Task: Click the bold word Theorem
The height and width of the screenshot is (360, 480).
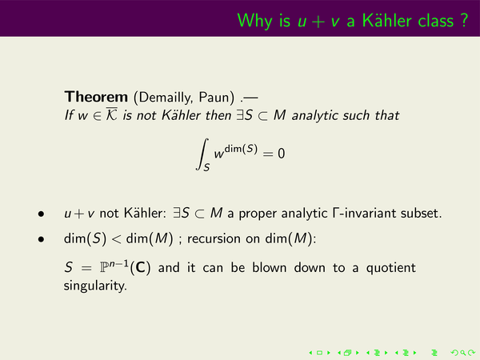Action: pos(96,97)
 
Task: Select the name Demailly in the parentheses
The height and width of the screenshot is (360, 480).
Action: pos(166,98)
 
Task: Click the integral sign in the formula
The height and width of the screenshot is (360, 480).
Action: pos(202,154)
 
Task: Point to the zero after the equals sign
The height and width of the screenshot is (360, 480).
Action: pos(282,153)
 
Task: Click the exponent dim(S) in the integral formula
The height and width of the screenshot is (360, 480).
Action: pos(241,149)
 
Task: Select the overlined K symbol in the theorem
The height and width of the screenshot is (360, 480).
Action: pos(111,114)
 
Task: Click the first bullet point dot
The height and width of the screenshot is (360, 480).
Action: pos(41,214)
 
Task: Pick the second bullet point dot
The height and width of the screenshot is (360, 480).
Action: pos(41,239)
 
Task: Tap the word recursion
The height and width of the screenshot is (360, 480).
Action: pos(214,238)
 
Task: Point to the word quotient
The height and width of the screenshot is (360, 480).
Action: pos(390,268)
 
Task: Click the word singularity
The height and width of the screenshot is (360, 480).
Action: pos(95,286)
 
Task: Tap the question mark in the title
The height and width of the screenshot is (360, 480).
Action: pos(464,21)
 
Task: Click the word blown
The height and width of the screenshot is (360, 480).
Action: pos(270,267)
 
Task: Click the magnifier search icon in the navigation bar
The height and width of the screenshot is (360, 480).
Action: pos(463,353)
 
